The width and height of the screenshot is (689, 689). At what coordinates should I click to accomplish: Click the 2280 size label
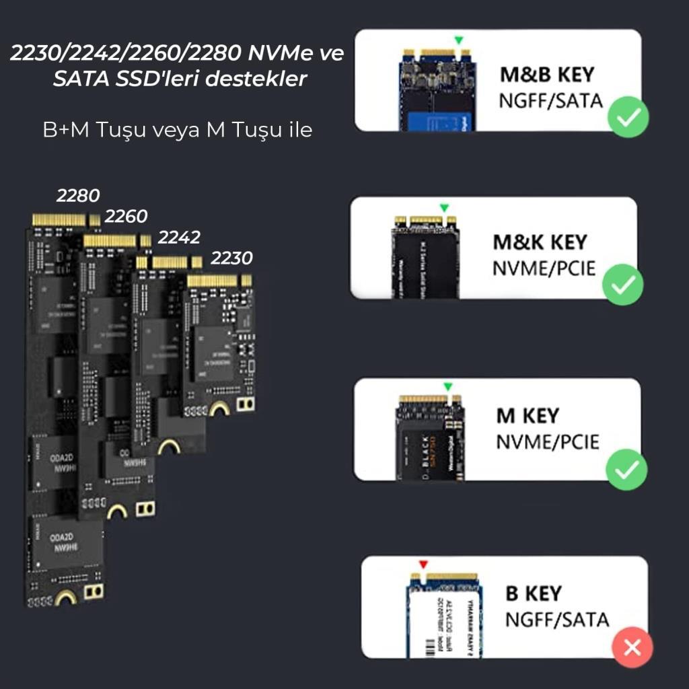pos(78,196)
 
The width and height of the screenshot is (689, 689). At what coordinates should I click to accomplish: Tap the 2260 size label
pos(126,217)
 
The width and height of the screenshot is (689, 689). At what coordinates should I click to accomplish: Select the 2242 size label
pos(179,238)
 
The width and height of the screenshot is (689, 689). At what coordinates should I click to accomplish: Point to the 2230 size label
pos(231,258)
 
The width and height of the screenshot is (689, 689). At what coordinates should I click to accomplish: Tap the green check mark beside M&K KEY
pos(622,285)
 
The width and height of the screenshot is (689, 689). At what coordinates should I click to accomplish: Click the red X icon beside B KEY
pos(632,647)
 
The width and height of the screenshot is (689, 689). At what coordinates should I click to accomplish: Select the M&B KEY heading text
pos(547,74)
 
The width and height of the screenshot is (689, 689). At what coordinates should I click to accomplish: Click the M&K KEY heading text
pos(540,242)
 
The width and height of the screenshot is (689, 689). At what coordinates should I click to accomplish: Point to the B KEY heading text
pos(533,594)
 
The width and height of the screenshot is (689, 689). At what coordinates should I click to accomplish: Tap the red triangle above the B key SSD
pos(423,564)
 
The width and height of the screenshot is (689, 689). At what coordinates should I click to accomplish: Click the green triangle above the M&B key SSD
pos(458,40)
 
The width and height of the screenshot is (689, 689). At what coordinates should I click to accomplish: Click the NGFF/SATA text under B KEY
pos(556,620)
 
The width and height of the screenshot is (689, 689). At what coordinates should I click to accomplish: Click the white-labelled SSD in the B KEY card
pos(442,616)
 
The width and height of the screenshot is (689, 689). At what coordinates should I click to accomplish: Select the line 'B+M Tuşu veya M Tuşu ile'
pos(177,130)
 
